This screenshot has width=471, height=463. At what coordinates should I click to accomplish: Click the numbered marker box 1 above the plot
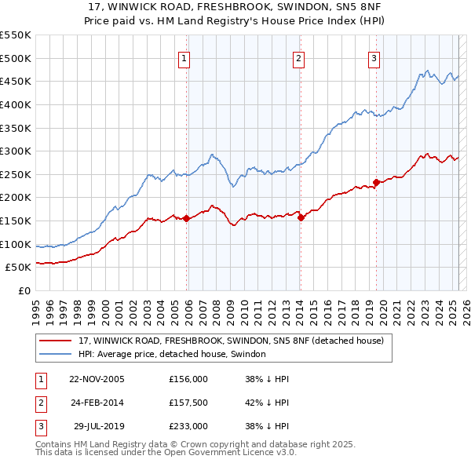coord(184,57)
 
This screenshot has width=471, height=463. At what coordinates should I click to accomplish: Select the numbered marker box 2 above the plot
coord(299,57)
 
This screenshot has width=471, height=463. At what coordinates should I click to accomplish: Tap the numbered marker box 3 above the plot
coord(374,57)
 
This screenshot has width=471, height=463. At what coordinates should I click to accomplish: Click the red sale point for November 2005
coord(186,219)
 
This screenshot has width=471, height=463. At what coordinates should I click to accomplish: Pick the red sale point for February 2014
coord(301,218)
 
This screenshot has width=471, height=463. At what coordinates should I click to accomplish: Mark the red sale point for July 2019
coord(376,182)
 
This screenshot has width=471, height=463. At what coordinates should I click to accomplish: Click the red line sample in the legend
coord(56,341)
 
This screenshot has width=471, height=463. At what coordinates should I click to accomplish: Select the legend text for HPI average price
coord(172,354)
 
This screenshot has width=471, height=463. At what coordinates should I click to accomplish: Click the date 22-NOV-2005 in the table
coord(97,378)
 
